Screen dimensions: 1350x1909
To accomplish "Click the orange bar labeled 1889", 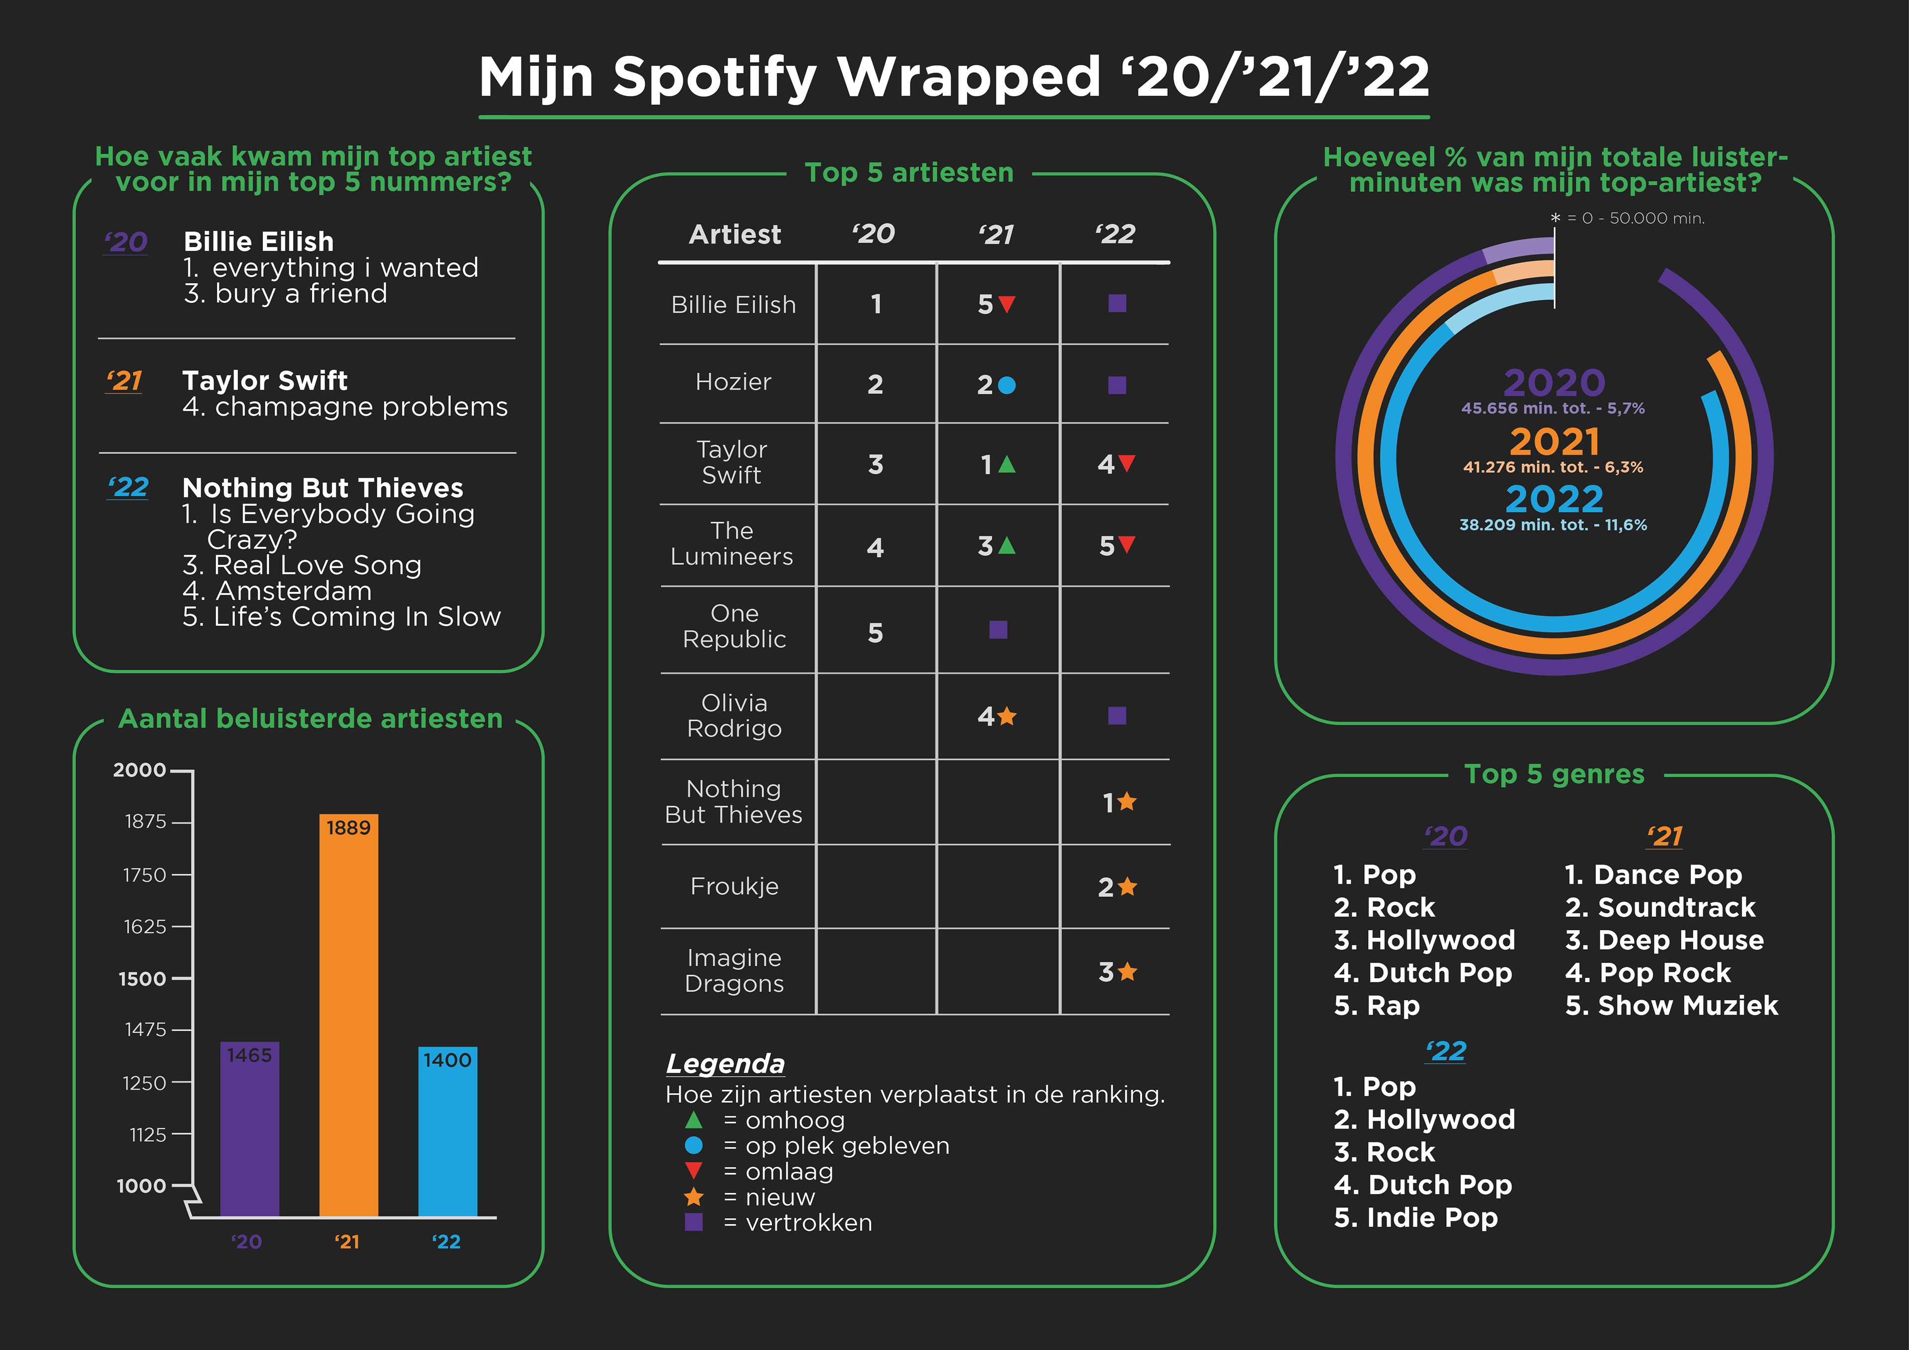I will (x=348, y=1015).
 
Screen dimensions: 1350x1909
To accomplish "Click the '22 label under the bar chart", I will (x=446, y=1242).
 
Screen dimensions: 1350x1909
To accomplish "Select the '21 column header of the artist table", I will (x=996, y=235).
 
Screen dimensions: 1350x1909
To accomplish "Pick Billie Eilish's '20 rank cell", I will (x=875, y=304).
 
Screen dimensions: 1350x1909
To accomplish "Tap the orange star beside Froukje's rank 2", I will (x=1128, y=887).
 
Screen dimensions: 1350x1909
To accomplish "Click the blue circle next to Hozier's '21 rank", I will (x=1007, y=385).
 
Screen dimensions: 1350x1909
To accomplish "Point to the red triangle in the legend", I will (x=694, y=1171).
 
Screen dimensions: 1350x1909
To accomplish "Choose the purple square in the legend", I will (x=694, y=1222).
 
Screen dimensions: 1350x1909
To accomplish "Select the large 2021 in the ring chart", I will (x=1554, y=441).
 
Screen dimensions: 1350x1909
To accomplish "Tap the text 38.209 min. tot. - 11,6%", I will (x=1553, y=525).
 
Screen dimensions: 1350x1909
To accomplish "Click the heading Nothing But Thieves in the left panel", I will (x=323, y=487).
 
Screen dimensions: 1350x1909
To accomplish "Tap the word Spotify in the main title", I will (x=715, y=78).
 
